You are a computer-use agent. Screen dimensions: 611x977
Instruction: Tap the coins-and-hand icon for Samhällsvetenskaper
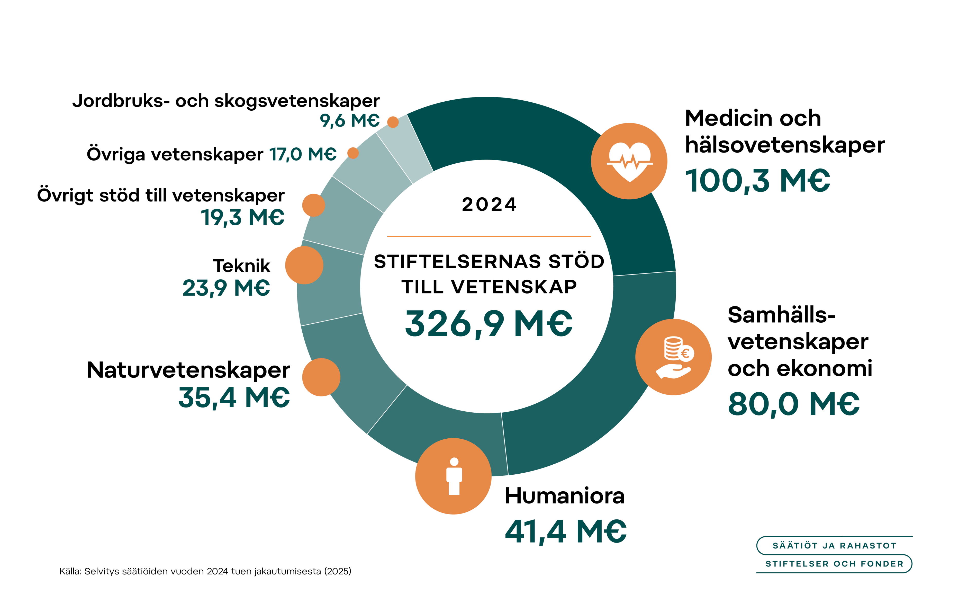[x=673, y=357]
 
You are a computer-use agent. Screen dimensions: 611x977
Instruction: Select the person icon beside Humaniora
[x=453, y=476]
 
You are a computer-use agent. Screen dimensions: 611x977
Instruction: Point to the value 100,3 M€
[x=757, y=180]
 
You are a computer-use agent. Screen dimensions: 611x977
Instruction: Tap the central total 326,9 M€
[x=488, y=323]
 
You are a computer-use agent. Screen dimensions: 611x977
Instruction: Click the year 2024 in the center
[x=489, y=205]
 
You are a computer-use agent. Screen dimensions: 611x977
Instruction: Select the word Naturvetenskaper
[x=188, y=370]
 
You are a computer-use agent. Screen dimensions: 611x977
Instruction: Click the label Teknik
[x=241, y=266]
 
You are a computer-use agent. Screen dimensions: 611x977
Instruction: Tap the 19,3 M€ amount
[x=243, y=217]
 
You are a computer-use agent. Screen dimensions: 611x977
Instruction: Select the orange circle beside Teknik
[x=304, y=265]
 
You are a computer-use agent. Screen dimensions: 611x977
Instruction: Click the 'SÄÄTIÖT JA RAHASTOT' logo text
[x=834, y=546]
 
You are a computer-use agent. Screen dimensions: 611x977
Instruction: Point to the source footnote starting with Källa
[x=205, y=571]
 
